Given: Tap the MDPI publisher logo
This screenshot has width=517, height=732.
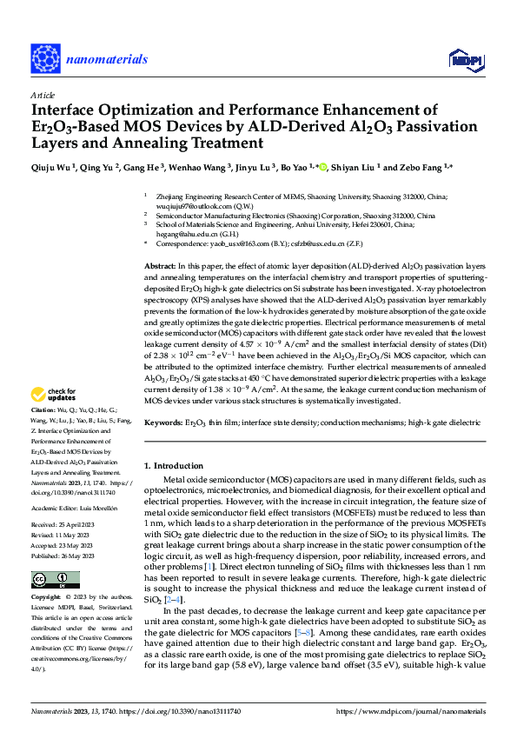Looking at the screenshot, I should pyautogui.click(x=464, y=59).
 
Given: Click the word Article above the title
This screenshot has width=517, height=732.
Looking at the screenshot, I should pyautogui.click(x=43, y=94).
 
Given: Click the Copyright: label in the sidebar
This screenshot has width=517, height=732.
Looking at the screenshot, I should pyautogui.click(x=46, y=599).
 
